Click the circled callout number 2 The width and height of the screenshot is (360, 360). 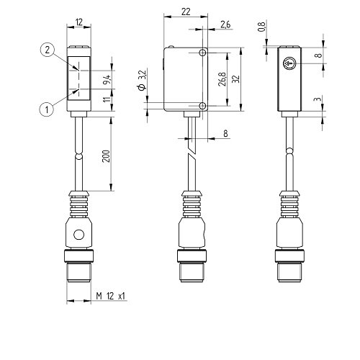pyautogui.click(x=48, y=50)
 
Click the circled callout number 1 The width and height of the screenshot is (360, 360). pyautogui.click(x=47, y=109)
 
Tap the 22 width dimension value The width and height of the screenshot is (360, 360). pyautogui.click(x=186, y=12)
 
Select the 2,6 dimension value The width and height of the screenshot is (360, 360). pyautogui.click(x=225, y=24)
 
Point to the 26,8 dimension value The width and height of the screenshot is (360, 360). pyautogui.click(x=222, y=79)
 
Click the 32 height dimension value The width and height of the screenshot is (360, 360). pyautogui.click(x=236, y=79)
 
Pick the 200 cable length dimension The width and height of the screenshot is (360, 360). pyautogui.click(x=106, y=156)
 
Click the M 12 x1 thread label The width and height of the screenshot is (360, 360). pyautogui.click(x=111, y=296)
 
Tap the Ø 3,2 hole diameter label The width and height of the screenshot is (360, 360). pyautogui.click(x=142, y=81)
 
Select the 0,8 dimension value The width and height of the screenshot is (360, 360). pyautogui.click(x=261, y=27)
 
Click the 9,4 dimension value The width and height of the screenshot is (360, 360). pyautogui.click(x=107, y=79)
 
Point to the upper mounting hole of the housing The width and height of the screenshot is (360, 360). pyautogui.click(x=203, y=53)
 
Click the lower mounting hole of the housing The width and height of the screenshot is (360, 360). pyautogui.click(x=203, y=106)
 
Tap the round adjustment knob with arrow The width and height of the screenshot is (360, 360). pyautogui.click(x=289, y=63)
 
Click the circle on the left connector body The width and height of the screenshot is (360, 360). pyautogui.click(x=79, y=235)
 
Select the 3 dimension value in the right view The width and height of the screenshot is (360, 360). pyautogui.click(x=318, y=99)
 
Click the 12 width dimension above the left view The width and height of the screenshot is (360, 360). pyautogui.click(x=79, y=22)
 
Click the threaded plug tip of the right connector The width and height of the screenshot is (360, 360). pyautogui.click(x=289, y=273)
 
